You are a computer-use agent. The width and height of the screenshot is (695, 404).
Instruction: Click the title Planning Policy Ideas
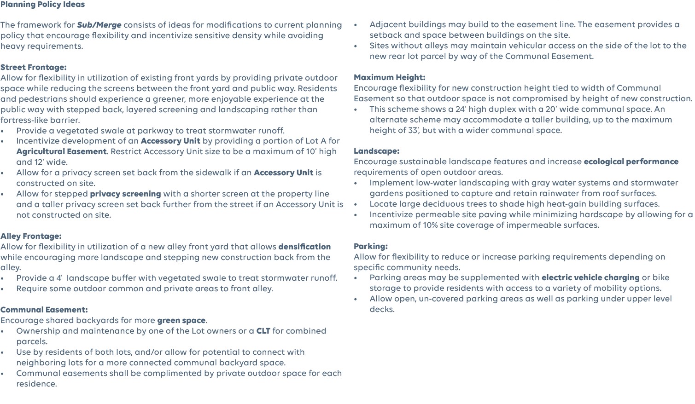coord(42,5)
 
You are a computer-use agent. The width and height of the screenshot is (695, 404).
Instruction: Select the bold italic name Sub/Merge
coord(99,25)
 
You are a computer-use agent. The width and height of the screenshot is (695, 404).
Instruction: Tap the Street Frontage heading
coord(34,67)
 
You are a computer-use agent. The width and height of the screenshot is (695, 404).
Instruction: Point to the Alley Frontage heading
coord(31,236)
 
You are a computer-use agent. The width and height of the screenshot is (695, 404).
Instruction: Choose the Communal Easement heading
coord(44,310)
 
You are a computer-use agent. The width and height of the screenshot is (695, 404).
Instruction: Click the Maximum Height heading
coord(389,77)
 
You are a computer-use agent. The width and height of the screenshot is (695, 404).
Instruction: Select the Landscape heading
coord(376,151)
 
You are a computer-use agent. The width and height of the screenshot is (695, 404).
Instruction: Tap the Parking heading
coord(370,246)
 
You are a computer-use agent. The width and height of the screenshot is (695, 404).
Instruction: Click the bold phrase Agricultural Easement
coord(61,151)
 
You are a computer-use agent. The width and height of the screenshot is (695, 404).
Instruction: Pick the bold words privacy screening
coord(125,194)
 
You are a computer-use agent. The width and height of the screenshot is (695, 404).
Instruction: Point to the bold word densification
coord(304,247)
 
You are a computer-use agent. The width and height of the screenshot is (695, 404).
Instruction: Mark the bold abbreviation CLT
coord(263,331)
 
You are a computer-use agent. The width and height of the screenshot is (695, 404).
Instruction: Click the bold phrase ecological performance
coord(631,162)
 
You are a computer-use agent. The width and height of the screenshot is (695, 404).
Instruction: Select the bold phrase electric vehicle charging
coord(590,277)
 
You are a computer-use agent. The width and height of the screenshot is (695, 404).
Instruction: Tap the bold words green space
coord(181,320)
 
